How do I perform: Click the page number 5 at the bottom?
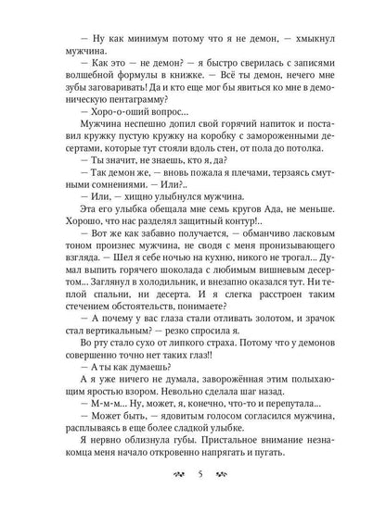(x=192, y=479)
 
